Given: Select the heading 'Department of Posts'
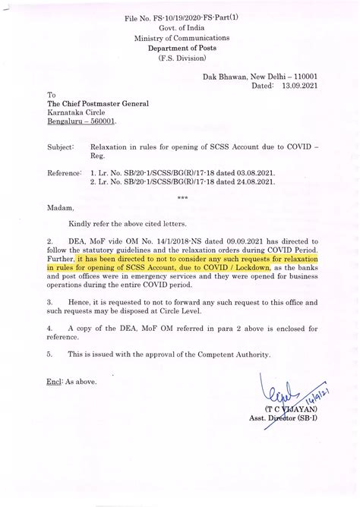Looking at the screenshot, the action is [x=180, y=47].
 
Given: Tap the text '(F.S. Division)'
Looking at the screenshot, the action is [x=180, y=58].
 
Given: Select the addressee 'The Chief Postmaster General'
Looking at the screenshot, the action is [x=98, y=103].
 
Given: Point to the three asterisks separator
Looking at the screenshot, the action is [x=182, y=197].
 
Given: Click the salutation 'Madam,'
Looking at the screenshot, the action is [x=59, y=207].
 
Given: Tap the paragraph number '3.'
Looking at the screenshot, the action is [x=50, y=301].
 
